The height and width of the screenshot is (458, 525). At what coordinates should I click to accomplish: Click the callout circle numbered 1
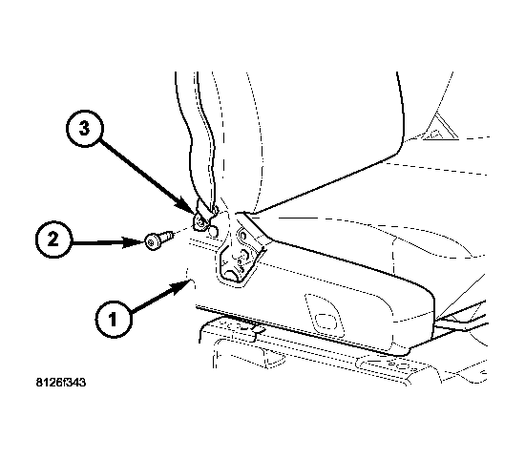click(x=114, y=319)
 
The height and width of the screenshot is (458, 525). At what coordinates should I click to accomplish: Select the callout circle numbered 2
click(x=53, y=239)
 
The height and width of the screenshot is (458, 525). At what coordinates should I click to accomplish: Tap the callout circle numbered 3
click(x=85, y=128)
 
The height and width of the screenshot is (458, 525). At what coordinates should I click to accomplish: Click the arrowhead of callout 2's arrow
click(x=134, y=242)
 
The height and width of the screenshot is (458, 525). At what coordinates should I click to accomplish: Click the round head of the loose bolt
click(x=152, y=242)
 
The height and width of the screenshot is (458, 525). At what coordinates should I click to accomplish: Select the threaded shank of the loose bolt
click(x=166, y=237)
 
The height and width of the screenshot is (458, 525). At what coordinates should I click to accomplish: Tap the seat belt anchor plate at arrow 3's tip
click(x=201, y=219)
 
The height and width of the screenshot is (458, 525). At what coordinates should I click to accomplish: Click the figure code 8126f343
click(x=61, y=383)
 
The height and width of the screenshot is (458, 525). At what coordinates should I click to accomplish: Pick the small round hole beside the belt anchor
click(x=213, y=231)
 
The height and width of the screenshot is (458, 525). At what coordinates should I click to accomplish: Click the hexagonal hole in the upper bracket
click(x=243, y=236)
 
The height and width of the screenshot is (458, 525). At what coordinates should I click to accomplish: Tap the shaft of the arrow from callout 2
click(x=97, y=242)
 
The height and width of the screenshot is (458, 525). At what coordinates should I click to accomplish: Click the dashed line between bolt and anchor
click(x=183, y=231)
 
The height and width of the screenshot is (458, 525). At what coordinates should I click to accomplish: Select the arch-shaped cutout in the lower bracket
click(x=232, y=275)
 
